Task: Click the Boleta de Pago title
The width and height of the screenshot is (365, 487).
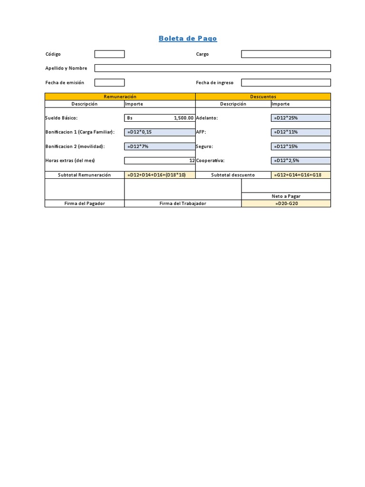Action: (x=188, y=39)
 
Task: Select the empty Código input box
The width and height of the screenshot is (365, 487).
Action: (x=109, y=54)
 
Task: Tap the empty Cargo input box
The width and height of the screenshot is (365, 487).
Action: (x=286, y=54)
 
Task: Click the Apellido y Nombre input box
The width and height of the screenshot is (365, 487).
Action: (x=212, y=68)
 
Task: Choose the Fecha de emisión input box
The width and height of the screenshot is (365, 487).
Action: (x=109, y=82)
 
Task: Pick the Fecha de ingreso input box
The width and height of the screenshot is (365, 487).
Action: (x=286, y=82)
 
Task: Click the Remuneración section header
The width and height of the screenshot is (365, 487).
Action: (x=120, y=97)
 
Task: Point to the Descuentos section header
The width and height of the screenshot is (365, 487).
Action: (x=263, y=97)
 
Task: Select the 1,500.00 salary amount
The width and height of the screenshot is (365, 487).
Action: (x=183, y=118)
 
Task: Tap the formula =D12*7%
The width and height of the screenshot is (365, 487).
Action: (x=138, y=146)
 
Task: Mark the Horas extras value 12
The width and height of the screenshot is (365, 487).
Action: (x=192, y=161)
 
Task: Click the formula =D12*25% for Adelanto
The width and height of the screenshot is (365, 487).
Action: (x=286, y=118)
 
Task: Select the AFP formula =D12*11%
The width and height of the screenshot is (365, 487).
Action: (x=286, y=132)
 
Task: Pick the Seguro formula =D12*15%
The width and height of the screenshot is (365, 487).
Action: (x=286, y=146)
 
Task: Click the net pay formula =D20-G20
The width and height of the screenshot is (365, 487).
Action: (x=286, y=204)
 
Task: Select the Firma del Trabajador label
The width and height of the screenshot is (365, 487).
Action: (x=183, y=204)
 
